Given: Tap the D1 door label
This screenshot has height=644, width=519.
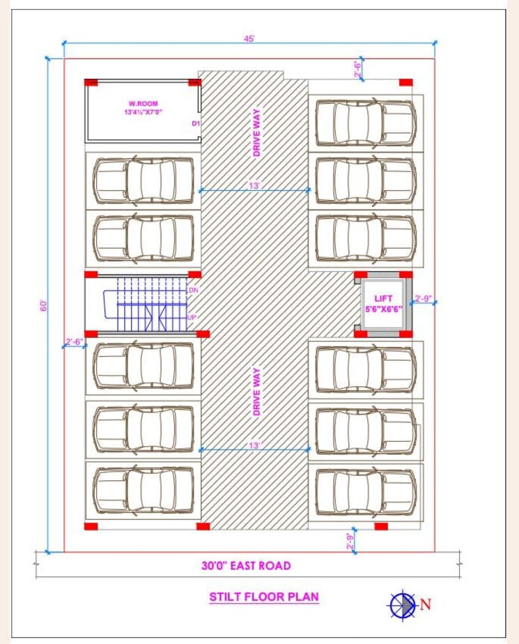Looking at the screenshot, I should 196,124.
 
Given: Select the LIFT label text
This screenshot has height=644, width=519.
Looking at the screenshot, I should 383,298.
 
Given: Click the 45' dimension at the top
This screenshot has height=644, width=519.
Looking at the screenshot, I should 249,39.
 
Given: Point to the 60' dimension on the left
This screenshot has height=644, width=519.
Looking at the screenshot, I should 43,305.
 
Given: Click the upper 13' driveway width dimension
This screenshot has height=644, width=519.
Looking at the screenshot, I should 254,185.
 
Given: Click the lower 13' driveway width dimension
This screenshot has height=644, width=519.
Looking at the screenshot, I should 254,445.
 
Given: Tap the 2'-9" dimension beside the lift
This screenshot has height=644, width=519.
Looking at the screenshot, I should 423,299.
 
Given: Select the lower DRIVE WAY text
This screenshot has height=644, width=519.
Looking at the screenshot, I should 256,392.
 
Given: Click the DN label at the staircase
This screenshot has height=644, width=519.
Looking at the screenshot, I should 193,289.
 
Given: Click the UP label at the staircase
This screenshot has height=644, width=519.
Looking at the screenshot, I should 192,317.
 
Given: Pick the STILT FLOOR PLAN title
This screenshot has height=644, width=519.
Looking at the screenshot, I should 264,597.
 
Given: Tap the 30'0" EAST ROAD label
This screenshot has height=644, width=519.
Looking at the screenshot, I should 246,566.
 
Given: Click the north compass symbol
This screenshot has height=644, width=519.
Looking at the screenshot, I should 402,604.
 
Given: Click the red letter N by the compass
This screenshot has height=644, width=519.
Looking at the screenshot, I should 426,604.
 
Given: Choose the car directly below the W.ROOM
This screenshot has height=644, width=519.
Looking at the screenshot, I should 144,180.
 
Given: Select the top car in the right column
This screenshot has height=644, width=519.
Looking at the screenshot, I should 365,122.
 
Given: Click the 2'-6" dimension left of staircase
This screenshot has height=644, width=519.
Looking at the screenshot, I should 74,342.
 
